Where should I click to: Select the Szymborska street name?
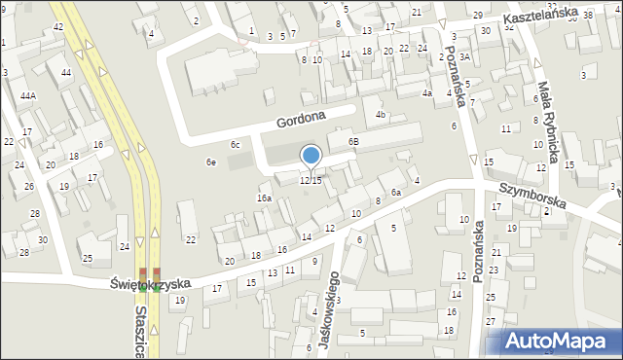(531, 196)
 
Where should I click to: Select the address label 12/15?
(311, 181)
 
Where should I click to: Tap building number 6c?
(236, 144)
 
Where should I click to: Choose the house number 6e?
(210, 162)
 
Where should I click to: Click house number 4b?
(381, 115)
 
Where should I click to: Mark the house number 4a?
(426, 93)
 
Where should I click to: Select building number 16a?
(264, 198)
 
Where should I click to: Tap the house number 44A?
(28, 95)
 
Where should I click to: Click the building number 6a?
(396, 193)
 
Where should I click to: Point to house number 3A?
(465, 57)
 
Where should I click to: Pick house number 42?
(58, 26)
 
